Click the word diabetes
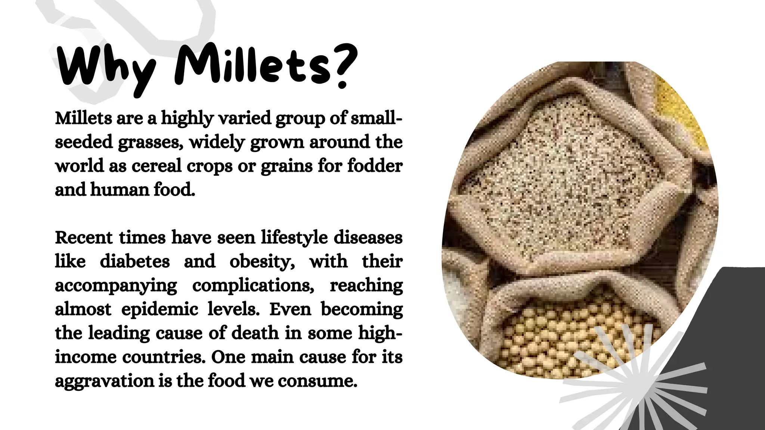135,261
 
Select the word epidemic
159,309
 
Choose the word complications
253,286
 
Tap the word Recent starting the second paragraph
84,238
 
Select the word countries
164,357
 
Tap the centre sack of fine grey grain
560,168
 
